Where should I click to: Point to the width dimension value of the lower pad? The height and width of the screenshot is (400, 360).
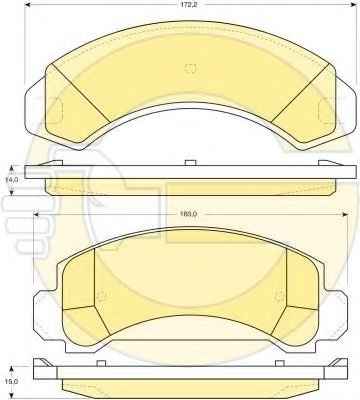click(189, 214)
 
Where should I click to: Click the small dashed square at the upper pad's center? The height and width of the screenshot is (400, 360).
click(191, 68)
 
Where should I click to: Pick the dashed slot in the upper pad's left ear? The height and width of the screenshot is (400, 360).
click(55, 110)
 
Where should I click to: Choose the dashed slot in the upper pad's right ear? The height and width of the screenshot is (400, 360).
click(326, 110)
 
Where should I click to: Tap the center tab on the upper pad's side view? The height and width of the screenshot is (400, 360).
click(190, 162)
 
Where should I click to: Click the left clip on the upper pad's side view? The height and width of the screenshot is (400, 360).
click(51, 163)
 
